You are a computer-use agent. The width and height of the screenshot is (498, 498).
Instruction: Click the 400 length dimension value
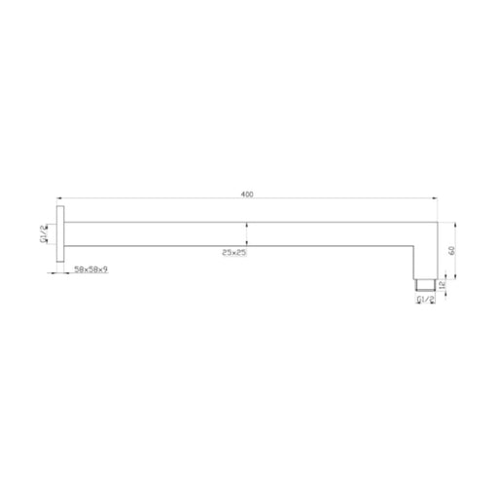247,195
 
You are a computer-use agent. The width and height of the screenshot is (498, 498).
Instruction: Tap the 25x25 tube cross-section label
234,252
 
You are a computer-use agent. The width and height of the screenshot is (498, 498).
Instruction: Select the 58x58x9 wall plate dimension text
91,269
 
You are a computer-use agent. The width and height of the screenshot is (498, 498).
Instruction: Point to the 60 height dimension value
452,250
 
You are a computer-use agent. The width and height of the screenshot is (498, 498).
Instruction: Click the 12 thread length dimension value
441,285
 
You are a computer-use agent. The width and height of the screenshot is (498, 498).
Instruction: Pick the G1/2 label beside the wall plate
44,234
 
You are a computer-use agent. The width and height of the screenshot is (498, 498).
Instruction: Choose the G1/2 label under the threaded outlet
425,300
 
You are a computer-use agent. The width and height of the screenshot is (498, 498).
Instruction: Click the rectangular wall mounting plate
60,233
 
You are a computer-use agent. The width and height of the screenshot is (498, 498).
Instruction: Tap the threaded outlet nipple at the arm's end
425,284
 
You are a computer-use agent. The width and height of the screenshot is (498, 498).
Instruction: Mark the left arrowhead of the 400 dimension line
59,198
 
